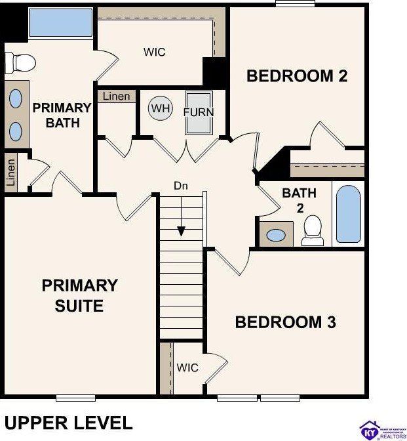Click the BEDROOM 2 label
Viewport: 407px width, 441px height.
click(297, 76)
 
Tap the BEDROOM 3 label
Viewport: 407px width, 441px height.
click(285, 322)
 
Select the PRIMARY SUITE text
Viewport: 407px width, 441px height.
click(79, 295)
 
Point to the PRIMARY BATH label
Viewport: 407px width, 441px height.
click(62, 115)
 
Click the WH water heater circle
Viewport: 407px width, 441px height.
click(160, 108)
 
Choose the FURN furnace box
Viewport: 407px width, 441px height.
click(199, 112)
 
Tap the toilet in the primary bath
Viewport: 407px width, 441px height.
click(20, 63)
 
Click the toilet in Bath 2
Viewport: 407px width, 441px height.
click(313, 230)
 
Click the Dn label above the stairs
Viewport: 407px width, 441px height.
click(181, 186)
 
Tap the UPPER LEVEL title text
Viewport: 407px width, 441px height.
click(68, 422)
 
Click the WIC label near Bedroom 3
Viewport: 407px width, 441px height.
click(187, 367)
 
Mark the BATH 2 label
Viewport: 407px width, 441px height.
click(299, 200)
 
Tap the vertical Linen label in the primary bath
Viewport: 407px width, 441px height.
click(10, 173)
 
